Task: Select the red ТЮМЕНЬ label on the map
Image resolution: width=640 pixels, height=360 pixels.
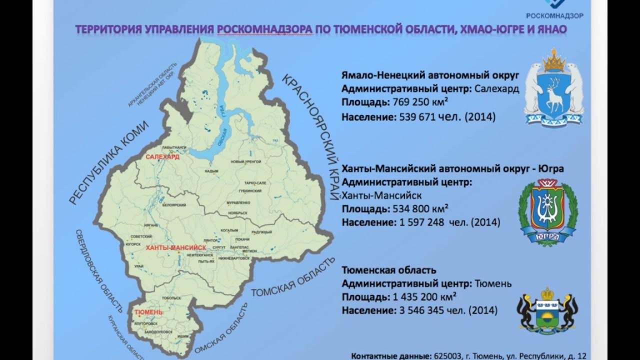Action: click(x=149, y=312)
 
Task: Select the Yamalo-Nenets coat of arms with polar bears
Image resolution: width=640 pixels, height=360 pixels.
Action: click(x=553, y=88)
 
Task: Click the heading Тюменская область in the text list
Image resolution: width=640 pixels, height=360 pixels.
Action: click(x=382, y=270)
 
